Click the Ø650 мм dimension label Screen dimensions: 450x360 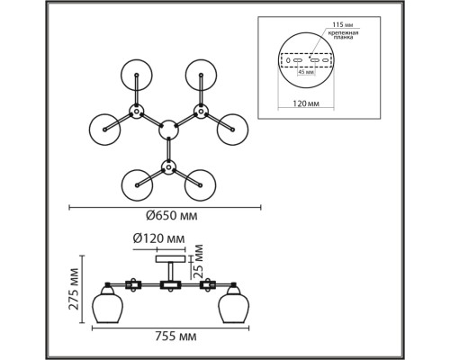pyautogui.click(x=172, y=216)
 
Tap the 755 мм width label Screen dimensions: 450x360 pyautogui.click(x=175, y=337)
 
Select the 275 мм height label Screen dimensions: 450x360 pyautogui.click(x=74, y=289)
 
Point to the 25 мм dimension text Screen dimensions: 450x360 pyautogui.click(x=198, y=261)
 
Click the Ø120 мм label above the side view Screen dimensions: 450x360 pyautogui.click(x=158, y=238)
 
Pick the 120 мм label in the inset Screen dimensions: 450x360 pyautogui.click(x=306, y=103)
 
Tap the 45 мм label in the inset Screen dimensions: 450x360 pyautogui.click(x=306, y=72)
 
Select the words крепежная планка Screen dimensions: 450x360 pyautogui.click(x=343, y=35)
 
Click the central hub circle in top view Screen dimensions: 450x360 pyautogui.click(x=168, y=130)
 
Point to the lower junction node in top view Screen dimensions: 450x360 pyautogui.click(x=168, y=166)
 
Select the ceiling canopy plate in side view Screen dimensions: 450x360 pyautogui.click(x=170, y=259)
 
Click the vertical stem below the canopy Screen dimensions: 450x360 pyautogui.click(x=170, y=272)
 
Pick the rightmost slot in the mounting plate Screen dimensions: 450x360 pyautogui.click(x=325, y=60)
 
